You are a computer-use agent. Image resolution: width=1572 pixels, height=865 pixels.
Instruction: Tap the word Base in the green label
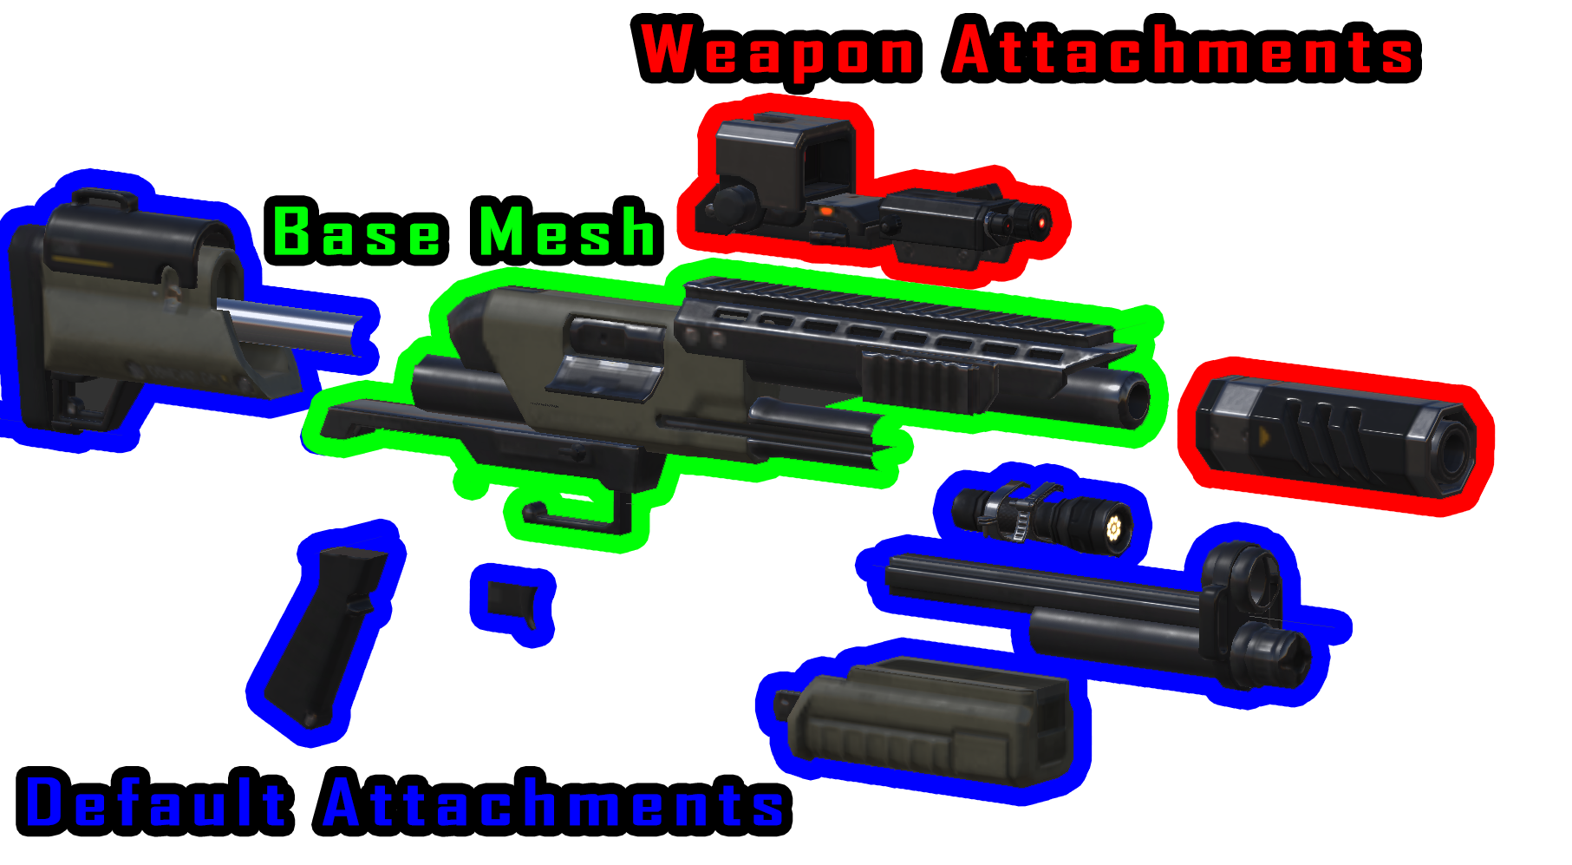[x=356, y=232]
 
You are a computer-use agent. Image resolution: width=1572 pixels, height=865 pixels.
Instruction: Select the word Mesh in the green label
[x=568, y=232]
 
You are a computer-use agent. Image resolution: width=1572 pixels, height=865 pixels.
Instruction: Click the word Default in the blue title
[x=156, y=803]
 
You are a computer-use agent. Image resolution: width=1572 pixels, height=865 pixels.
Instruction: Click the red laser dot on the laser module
[x=1040, y=224]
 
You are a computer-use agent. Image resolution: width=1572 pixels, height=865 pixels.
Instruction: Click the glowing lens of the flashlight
[x=1113, y=526]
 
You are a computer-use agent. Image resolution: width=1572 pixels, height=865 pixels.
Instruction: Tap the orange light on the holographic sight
[x=825, y=211]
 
